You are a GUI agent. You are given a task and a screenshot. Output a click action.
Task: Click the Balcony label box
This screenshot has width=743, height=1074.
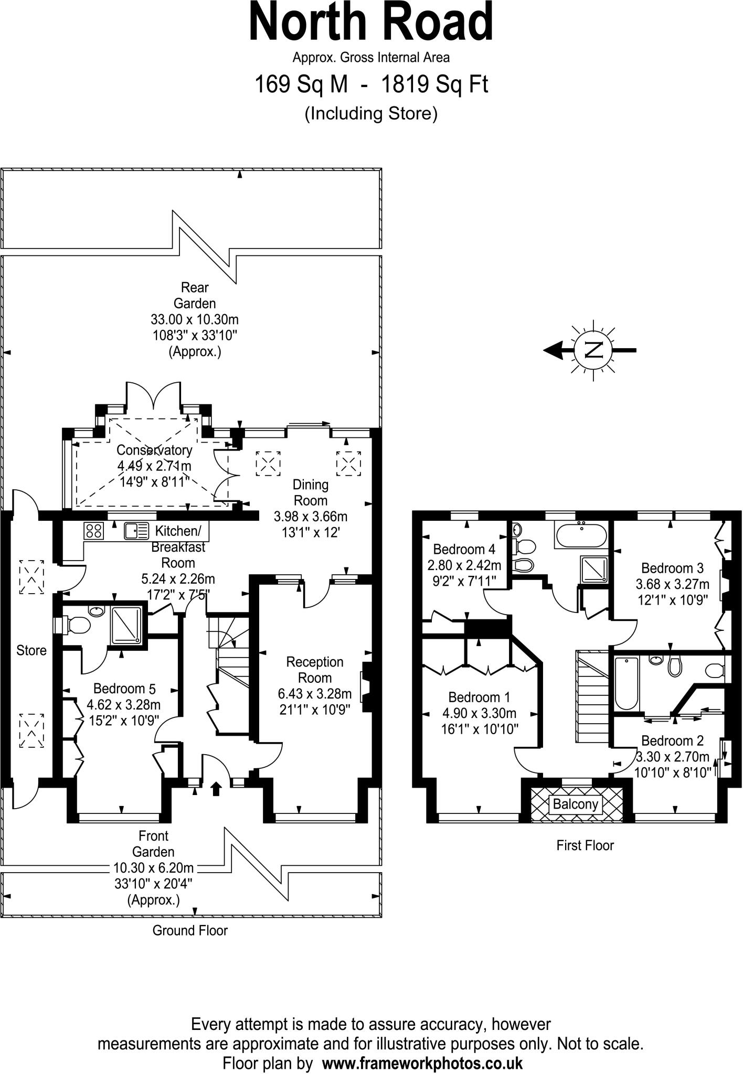point(575,804)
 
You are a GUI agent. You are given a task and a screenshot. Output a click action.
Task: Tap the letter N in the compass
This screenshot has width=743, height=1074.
point(593,350)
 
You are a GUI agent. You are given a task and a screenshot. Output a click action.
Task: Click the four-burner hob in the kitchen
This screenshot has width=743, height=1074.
point(94,531)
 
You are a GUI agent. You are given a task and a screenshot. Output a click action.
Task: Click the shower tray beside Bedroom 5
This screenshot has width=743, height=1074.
point(126,625)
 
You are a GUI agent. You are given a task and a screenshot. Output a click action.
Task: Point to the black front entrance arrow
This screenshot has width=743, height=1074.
point(216,788)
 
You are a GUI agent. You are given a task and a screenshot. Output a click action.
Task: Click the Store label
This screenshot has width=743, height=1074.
point(31,650)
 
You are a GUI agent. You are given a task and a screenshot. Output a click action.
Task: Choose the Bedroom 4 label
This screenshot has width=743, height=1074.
point(464,549)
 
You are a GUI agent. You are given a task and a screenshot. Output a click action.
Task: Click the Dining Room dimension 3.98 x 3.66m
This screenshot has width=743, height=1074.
point(311,517)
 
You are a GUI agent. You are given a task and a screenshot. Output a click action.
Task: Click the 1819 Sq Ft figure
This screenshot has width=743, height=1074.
point(434,84)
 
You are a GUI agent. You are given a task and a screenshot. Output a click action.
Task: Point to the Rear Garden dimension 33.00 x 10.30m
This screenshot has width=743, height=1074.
point(195,319)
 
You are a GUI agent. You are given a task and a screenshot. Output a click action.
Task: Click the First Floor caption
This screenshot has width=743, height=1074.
point(585,845)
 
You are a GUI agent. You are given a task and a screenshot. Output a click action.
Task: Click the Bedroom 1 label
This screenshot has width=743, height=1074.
point(479,697)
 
